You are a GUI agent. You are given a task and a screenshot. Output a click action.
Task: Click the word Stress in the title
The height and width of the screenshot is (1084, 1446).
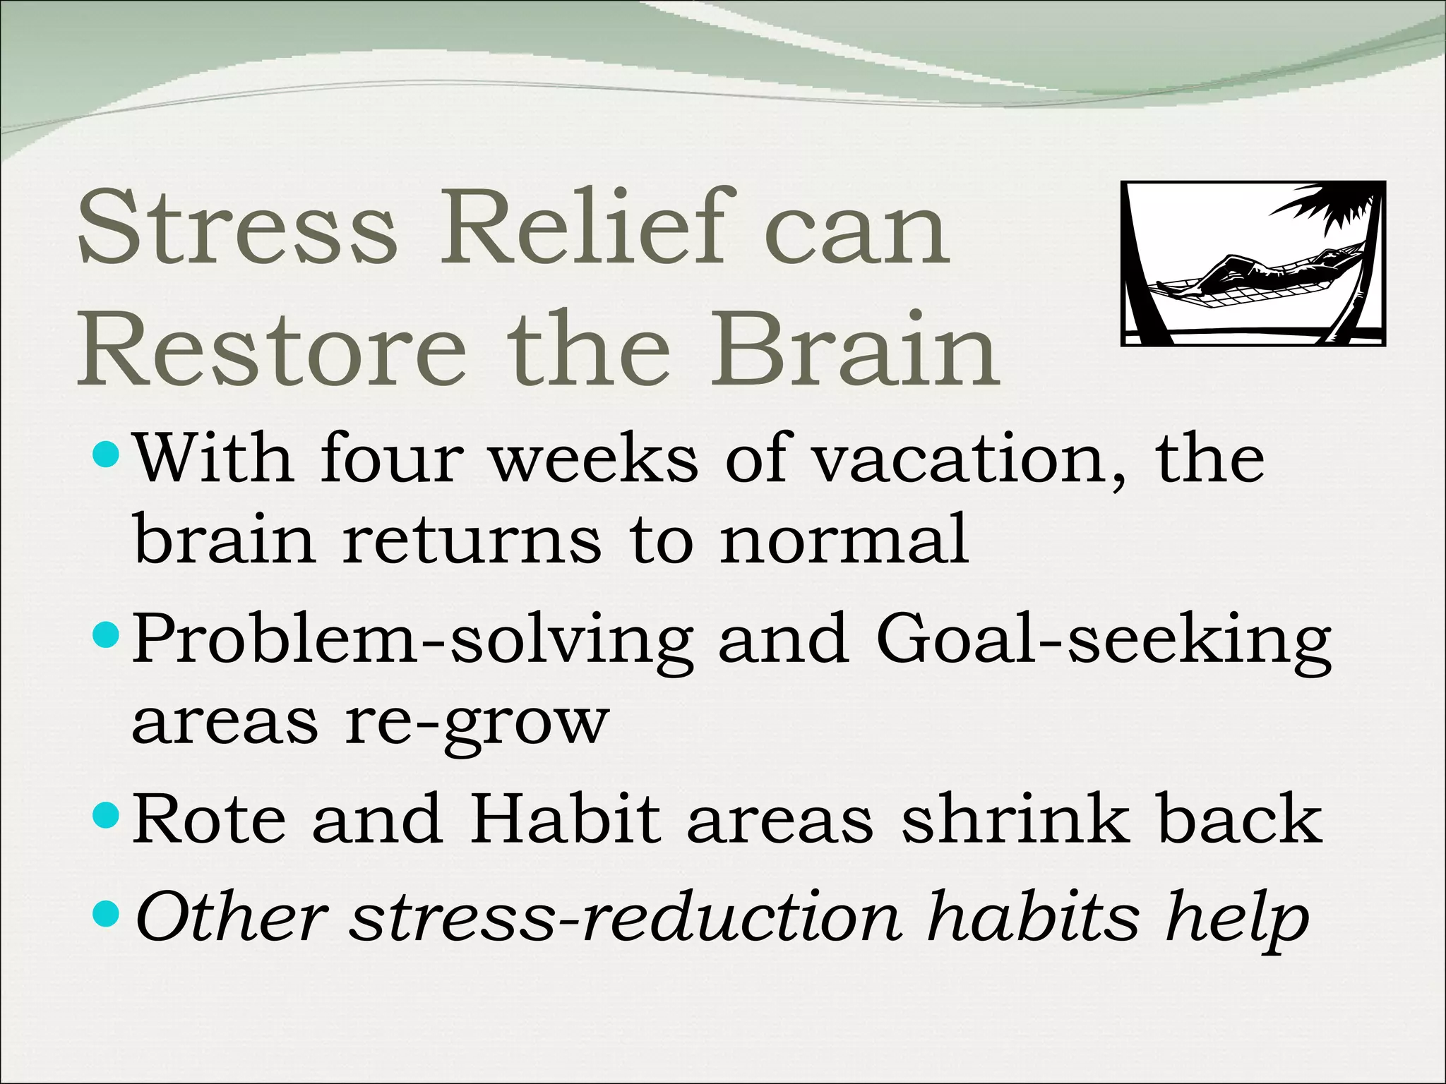(x=237, y=227)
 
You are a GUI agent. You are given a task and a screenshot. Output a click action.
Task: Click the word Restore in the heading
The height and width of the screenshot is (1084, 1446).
(x=273, y=350)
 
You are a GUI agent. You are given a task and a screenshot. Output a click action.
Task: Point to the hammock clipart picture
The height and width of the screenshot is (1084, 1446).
(x=1253, y=263)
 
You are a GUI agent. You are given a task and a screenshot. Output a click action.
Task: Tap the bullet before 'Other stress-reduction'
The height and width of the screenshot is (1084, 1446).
(x=107, y=915)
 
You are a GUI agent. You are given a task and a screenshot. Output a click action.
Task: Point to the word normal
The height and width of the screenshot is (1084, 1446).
(x=844, y=541)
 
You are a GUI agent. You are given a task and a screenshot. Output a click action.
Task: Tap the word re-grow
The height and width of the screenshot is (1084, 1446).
(x=477, y=724)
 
